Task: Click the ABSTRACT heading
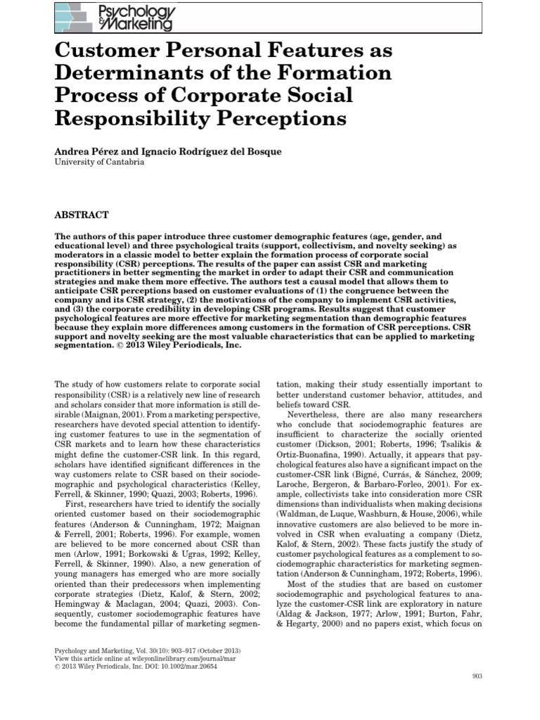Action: pyautogui.click(x=81, y=214)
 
